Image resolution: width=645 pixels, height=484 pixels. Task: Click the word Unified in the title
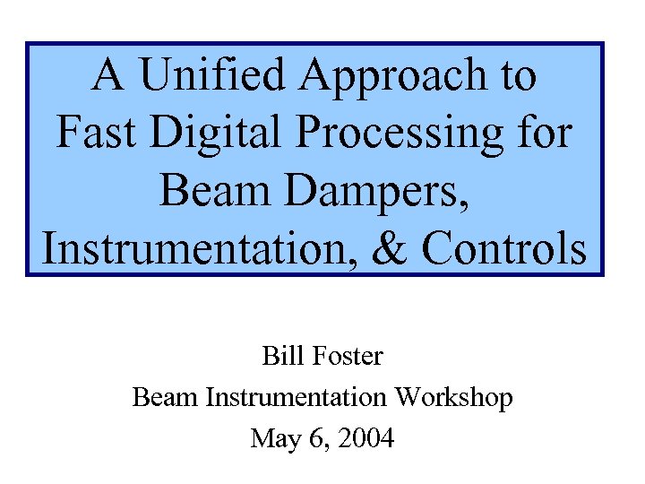coord(217,76)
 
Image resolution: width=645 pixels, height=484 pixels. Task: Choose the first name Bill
coord(279,357)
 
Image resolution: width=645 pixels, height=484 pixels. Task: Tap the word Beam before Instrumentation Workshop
coord(167,398)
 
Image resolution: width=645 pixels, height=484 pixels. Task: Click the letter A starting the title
coord(109,76)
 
